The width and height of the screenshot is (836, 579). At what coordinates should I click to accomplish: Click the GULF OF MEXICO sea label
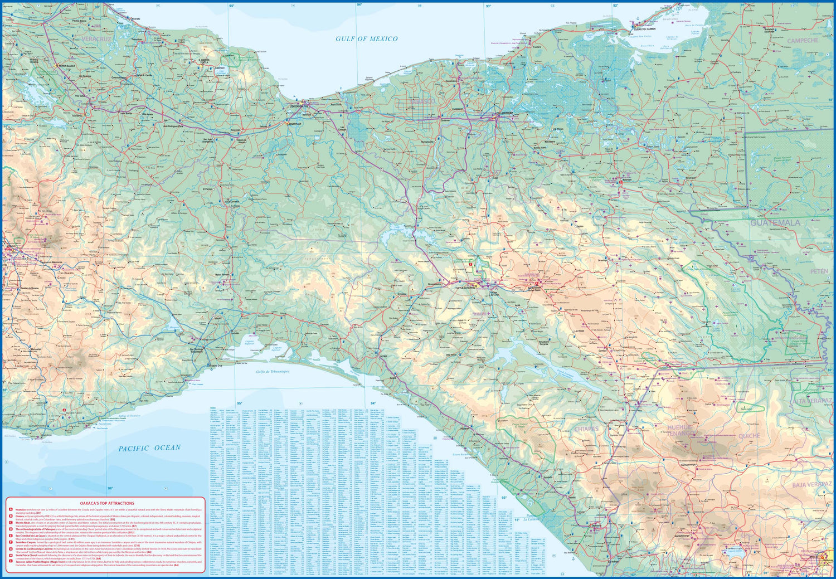pos(366,38)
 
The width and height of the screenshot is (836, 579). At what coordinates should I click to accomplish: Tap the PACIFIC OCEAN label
pos(149,447)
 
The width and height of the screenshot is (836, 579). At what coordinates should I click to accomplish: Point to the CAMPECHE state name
pos(803,41)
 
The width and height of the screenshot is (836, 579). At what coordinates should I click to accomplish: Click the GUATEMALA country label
pos(775,222)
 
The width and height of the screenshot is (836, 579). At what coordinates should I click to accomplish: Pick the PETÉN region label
pos(819,271)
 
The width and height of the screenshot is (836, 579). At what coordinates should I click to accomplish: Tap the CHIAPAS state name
pos(586,429)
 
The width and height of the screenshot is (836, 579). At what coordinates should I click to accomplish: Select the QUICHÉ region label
pos(749,436)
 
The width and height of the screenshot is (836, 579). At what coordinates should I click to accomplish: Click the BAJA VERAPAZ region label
pos(811,485)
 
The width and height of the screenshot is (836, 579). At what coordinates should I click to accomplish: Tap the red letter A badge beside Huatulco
pos(11,509)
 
